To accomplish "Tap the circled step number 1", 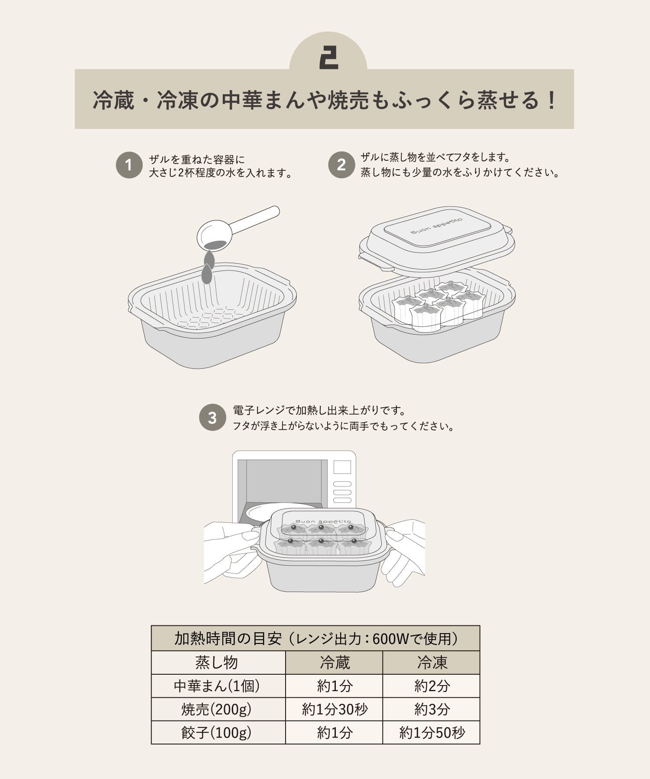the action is [x=129, y=165].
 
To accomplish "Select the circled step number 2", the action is [x=341, y=165].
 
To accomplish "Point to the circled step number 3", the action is [x=212, y=418].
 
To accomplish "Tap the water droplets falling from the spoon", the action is [x=208, y=267].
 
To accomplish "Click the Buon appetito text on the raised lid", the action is [x=436, y=226].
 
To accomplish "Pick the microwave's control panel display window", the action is [x=342, y=467].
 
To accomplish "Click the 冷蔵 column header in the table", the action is [x=334, y=663].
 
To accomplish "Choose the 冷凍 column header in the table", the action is [x=432, y=663].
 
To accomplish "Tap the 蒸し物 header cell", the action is [x=218, y=663].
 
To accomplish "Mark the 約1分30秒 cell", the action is [x=334, y=709].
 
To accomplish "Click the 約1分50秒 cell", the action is [x=432, y=733].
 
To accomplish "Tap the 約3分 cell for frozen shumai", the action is [x=432, y=709].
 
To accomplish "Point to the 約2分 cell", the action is [x=432, y=686].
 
